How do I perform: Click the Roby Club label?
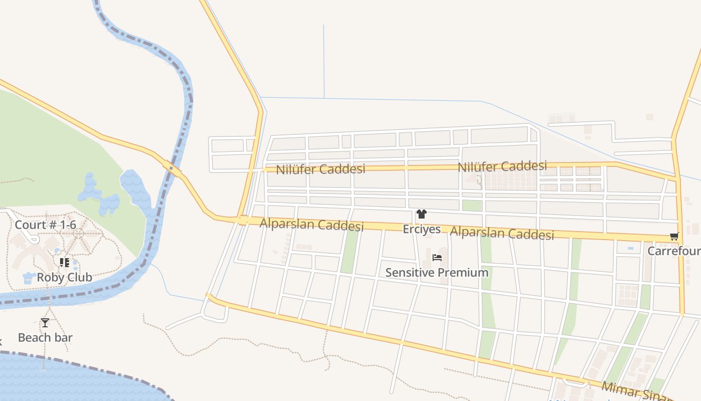(64, 277)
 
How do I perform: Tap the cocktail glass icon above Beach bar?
(45, 323)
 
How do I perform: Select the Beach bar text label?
(45, 337)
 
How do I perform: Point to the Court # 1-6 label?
(45, 225)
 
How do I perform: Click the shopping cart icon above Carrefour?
(674, 237)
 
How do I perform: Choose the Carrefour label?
(674, 251)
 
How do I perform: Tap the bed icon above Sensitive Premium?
(437, 258)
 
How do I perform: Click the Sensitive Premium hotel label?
(437, 273)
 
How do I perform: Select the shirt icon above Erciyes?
(421, 215)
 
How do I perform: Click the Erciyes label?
(422, 229)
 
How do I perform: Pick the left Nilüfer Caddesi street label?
(321, 169)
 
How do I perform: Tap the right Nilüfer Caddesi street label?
(502, 166)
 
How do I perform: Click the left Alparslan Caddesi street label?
(311, 225)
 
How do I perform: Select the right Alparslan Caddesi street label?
(502, 233)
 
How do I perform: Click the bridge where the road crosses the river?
(172, 168)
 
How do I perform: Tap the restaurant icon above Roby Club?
(64, 262)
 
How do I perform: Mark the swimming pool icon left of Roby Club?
(28, 278)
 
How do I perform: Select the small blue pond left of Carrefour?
(630, 248)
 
